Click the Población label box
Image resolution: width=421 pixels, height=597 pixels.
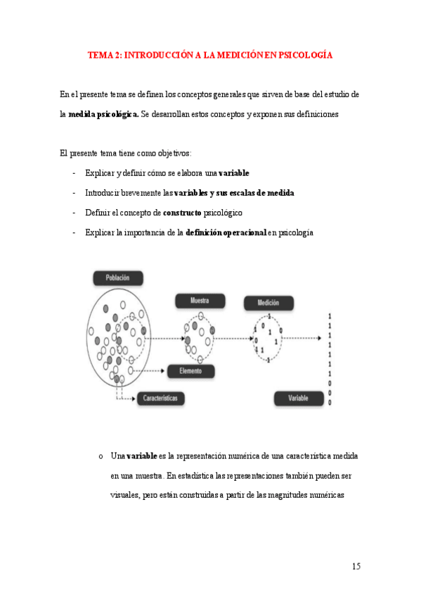click(x=117, y=278)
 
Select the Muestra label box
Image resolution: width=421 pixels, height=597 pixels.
click(x=200, y=301)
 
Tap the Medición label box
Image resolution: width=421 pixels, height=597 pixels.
click(x=268, y=303)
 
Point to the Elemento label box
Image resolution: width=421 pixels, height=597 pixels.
click(x=190, y=370)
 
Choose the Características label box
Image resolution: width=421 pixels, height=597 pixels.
click(x=161, y=398)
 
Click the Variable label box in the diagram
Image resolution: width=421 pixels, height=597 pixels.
click(x=298, y=398)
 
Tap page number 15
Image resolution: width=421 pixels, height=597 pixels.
click(x=356, y=566)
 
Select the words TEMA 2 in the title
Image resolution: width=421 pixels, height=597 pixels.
click(x=104, y=54)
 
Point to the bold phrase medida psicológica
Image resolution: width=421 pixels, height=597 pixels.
click(x=103, y=113)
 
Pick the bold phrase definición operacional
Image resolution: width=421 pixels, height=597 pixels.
click(x=226, y=232)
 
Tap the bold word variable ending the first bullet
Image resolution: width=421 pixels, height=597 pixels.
click(x=234, y=173)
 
